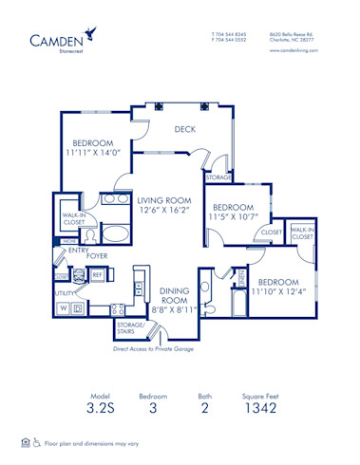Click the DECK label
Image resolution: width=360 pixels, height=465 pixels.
[185, 130]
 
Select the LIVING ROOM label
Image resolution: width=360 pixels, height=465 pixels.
[163, 200]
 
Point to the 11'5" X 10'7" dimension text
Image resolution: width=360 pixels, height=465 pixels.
[233, 216]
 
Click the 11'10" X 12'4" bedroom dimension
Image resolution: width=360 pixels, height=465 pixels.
[278, 293]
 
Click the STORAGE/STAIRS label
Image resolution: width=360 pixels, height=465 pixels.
[131, 328]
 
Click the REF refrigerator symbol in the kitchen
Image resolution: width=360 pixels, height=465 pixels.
[97, 274]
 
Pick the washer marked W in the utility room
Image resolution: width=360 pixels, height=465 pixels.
[64, 309]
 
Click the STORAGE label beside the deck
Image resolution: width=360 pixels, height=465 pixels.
[218, 177]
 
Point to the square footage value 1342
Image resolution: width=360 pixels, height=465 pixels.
[259, 410]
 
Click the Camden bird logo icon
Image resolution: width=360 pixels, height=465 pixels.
[90, 33]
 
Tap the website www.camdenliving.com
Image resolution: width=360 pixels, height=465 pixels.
[293, 51]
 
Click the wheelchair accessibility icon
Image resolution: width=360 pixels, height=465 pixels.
[37, 443]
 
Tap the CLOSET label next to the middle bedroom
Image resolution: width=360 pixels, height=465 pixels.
[271, 232]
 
